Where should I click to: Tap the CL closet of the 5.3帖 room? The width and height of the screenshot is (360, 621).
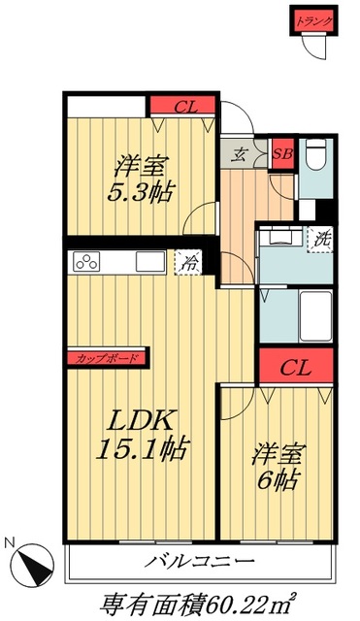point(182,105)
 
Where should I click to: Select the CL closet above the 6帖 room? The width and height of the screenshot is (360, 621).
point(296,368)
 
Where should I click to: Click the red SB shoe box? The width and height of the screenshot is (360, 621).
point(282,153)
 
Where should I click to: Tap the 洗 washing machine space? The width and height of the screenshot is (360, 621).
point(319,238)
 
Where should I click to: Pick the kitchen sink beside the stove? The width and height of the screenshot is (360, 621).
point(149,261)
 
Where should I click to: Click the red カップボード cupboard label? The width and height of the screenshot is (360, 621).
point(107,358)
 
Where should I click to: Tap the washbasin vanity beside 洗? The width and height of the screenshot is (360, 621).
point(281,238)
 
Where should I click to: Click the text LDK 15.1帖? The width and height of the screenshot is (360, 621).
point(143,434)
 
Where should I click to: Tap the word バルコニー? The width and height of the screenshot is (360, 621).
point(202,562)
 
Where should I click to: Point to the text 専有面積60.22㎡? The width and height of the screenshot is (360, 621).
point(202,602)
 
